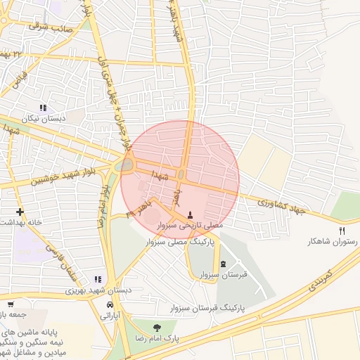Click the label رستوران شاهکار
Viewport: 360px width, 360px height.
332,241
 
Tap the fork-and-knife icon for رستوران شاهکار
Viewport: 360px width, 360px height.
342,230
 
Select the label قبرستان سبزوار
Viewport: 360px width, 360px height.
224,275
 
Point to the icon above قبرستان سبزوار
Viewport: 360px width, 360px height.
224,264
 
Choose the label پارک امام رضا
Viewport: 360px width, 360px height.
156,338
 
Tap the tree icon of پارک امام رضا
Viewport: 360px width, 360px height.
156,327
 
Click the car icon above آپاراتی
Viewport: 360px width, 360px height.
110,304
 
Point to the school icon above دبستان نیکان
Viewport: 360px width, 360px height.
43,108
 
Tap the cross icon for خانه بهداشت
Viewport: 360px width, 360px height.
20,211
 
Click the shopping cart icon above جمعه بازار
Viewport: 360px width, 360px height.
10,304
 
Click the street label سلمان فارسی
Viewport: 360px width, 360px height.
60,259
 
